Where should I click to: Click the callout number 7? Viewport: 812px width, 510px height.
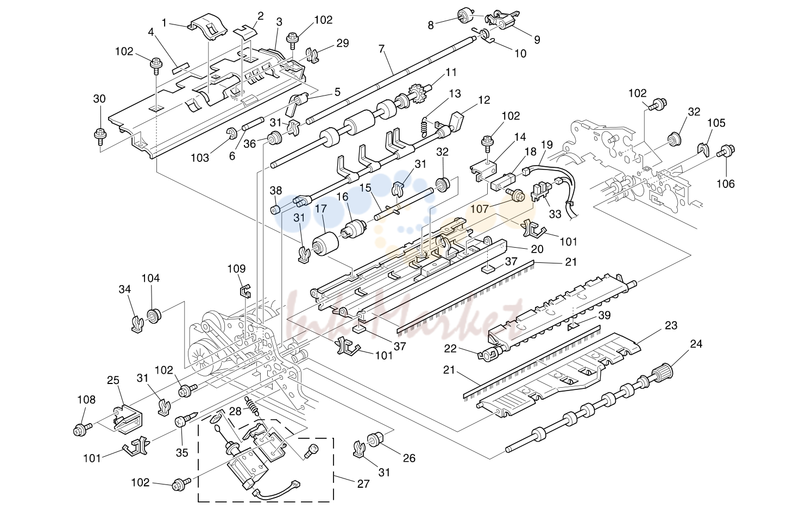pos(381,49)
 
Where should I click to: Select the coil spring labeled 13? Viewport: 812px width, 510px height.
pos(425,127)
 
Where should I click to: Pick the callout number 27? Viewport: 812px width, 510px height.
pos(363,483)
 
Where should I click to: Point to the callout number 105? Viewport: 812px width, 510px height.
pos(716,123)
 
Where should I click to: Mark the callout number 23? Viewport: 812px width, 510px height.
pos(671,325)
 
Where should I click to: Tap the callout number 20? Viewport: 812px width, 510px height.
pos(537,249)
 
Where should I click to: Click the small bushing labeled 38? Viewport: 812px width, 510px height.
pos(276,209)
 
